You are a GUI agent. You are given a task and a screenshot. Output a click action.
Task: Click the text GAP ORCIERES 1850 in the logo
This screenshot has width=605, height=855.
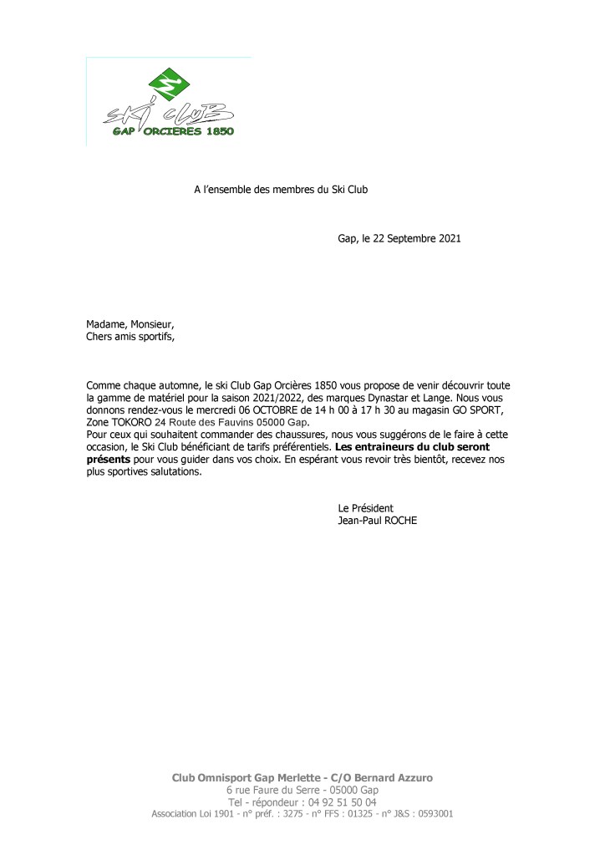click(x=173, y=132)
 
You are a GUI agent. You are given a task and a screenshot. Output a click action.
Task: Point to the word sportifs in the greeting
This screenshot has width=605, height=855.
click(x=155, y=338)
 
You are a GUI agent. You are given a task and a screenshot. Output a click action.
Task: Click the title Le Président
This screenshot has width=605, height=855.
click(x=365, y=508)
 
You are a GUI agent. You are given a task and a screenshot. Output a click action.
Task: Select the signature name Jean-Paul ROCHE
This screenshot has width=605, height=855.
click(x=377, y=521)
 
